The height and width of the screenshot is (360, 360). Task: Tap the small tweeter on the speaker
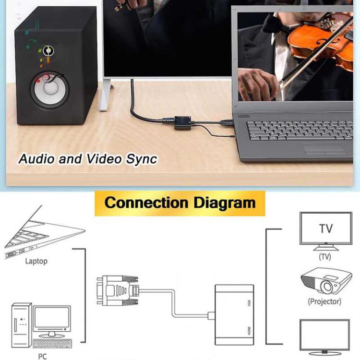[x=47, y=50]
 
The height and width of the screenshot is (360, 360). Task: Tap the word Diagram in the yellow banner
[x=224, y=202]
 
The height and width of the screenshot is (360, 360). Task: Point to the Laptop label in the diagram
[x=36, y=262]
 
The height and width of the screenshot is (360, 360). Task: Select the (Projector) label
[x=324, y=302]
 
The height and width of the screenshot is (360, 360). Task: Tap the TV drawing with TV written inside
[x=325, y=229]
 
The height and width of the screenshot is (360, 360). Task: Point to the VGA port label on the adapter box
[x=249, y=303]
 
